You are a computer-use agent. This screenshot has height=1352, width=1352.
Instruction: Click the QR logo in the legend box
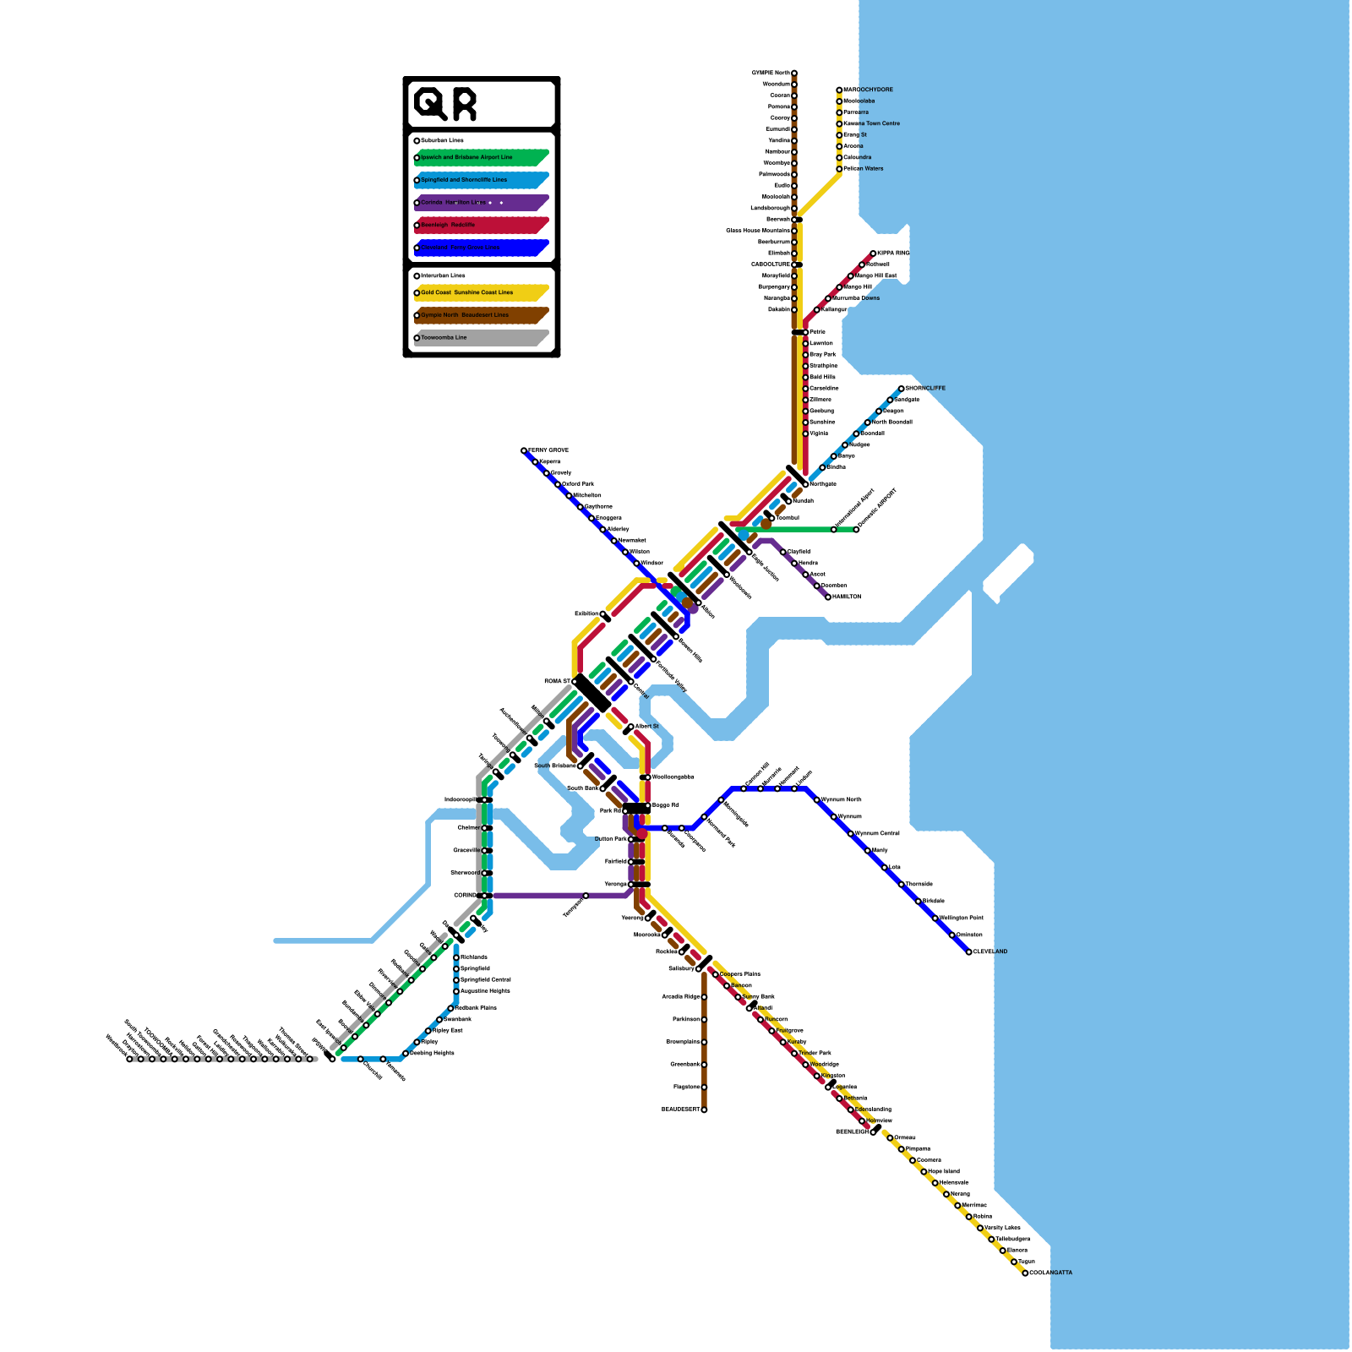click(445, 105)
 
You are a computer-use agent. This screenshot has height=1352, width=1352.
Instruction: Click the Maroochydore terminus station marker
click(839, 90)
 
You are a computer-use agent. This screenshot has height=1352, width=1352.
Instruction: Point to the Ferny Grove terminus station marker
click(524, 450)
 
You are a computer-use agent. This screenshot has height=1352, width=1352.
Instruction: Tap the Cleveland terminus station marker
click(969, 951)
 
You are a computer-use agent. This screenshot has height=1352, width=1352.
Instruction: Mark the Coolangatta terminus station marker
click(1025, 1273)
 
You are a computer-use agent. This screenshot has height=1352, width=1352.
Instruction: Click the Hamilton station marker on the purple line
click(828, 597)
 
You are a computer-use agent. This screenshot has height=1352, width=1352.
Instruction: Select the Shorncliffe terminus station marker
click(901, 389)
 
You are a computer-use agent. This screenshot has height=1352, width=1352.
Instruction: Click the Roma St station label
click(557, 681)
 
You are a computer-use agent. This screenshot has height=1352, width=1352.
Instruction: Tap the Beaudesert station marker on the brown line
click(704, 1109)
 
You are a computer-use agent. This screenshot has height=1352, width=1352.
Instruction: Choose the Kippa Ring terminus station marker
click(873, 253)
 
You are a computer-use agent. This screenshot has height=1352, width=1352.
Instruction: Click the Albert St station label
click(647, 727)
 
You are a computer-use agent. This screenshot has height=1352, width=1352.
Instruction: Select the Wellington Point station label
click(962, 918)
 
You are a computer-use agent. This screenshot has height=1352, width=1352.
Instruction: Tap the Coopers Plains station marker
click(716, 974)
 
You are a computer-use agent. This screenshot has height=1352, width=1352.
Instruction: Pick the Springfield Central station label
click(486, 980)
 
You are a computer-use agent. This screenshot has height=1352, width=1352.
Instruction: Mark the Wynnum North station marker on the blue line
click(817, 799)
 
